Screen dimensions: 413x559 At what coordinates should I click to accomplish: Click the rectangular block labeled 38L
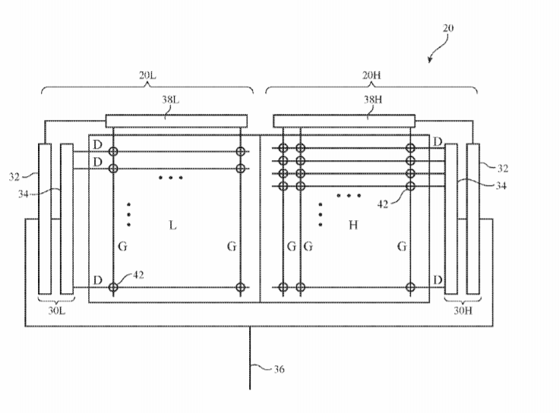coord(176,120)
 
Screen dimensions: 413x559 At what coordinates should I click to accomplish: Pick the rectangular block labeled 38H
coord(344,120)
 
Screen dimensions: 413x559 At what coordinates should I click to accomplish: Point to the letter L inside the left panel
coord(173,225)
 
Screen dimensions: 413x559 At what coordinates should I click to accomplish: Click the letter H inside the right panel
coord(353,225)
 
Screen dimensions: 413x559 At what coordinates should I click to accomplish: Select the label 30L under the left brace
coord(56,310)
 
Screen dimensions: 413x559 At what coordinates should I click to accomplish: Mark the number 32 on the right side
coord(502,168)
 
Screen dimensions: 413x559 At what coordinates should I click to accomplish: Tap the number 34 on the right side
coord(502,185)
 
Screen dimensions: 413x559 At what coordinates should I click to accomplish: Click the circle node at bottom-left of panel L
coord(113,288)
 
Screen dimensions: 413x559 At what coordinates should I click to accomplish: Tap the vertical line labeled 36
coord(251,357)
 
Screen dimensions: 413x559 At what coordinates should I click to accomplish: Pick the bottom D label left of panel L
coord(97,281)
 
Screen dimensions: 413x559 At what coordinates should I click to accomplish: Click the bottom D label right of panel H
coord(437,281)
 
